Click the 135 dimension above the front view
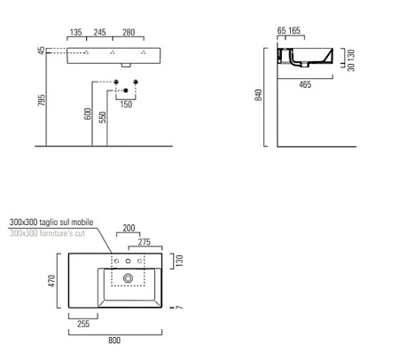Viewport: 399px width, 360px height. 77,31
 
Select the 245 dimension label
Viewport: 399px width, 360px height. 100,31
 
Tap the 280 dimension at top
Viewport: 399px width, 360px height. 129,31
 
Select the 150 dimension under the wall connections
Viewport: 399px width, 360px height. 127,105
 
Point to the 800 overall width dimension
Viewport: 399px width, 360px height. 115,340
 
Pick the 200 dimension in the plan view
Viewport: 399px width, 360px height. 129,229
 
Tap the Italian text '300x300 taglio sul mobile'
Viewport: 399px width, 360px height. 56,222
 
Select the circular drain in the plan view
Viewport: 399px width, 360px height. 129,278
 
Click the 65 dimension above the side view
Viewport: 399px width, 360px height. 282,31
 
